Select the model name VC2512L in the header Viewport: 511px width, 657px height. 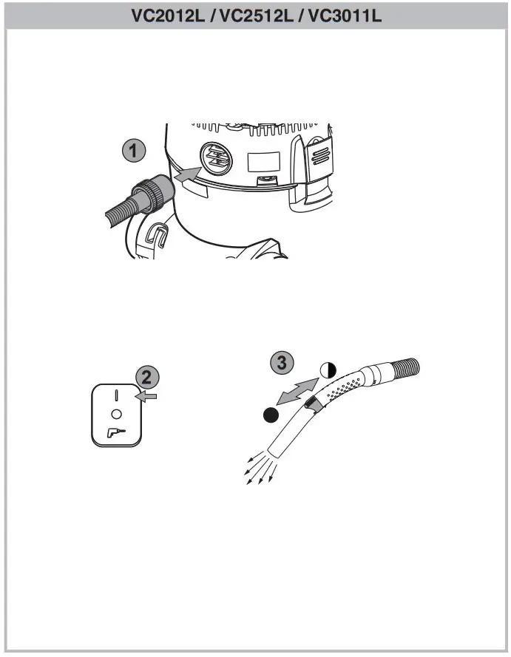click(x=256, y=15)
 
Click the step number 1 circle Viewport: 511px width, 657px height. click(x=133, y=152)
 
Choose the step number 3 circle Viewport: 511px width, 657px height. click(x=281, y=362)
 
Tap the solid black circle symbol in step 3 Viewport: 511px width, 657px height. click(x=271, y=415)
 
